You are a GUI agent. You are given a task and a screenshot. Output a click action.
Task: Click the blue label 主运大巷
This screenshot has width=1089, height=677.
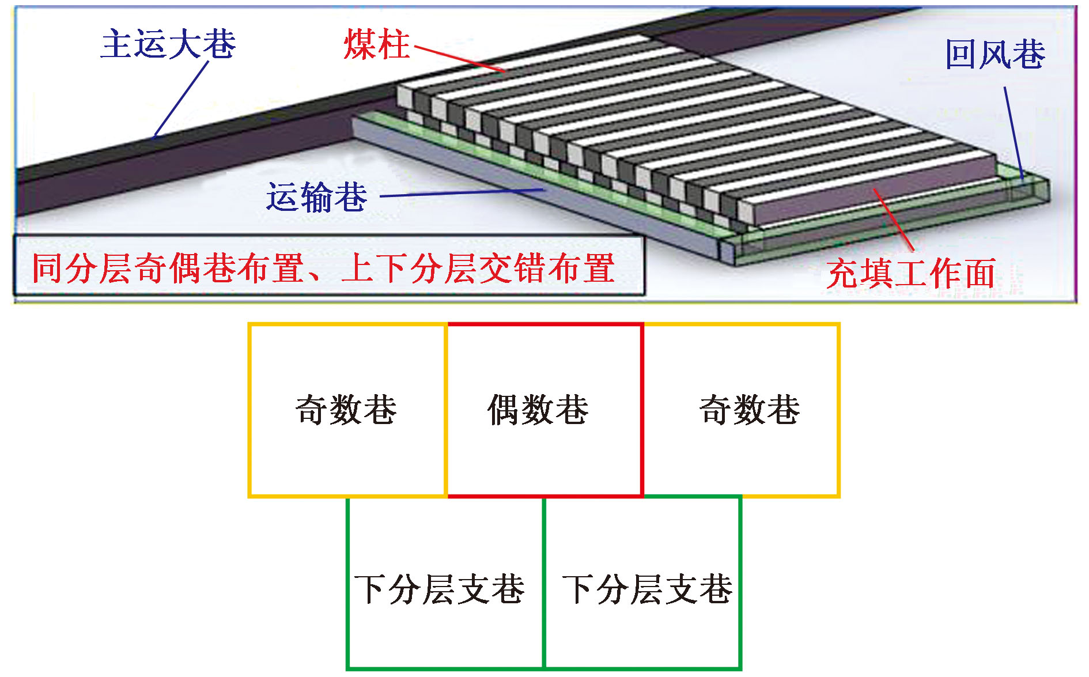pos(168,44)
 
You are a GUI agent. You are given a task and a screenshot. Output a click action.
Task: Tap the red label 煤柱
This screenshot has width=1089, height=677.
pos(377,44)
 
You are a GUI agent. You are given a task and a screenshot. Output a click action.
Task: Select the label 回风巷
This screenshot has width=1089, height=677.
pos(995,55)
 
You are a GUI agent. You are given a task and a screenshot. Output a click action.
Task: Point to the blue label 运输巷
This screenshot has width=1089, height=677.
pos(316,197)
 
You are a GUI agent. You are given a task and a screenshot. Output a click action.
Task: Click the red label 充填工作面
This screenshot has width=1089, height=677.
pos(911,273)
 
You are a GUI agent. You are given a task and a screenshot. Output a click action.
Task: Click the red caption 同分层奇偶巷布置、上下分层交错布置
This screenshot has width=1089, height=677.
pos(324,268)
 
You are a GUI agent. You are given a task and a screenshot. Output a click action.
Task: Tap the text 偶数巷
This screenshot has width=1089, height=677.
pos(538,410)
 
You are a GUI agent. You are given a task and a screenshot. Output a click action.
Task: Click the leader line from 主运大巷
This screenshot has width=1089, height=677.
pos(181,99)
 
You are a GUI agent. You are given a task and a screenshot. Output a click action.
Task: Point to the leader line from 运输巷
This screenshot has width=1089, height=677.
pos(462,193)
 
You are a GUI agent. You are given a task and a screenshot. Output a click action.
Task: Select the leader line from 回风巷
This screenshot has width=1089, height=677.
pos(1014,133)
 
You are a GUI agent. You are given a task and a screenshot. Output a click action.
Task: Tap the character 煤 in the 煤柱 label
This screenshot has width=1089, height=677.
pos(360,44)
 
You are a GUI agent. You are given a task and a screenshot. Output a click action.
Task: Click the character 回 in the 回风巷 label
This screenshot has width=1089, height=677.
pos(962,55)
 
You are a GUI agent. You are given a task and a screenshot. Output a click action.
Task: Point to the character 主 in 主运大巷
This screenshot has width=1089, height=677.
pos(117,44)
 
